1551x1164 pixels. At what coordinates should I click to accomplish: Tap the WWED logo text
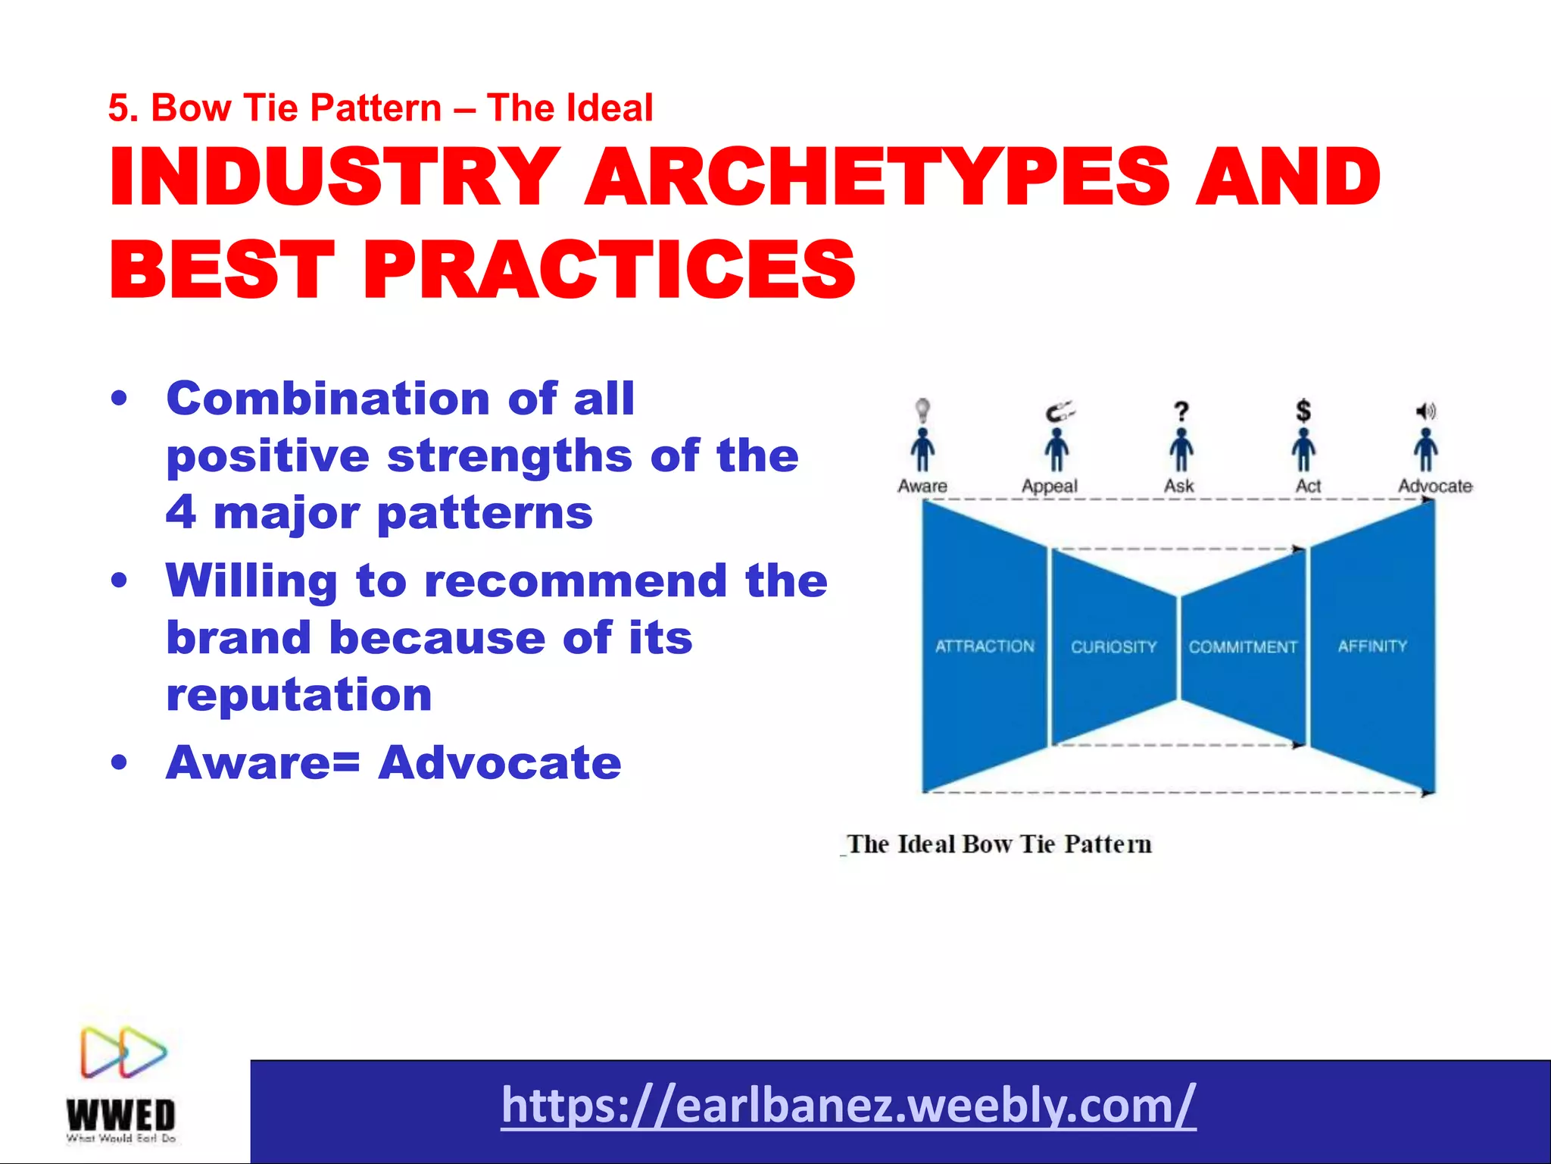pos(121,1115)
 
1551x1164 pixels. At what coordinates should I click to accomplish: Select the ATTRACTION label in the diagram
pos(985,646)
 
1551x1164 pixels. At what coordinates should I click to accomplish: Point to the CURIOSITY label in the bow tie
pos(1113,647)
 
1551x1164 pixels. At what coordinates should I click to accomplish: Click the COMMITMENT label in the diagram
pos(1243,647)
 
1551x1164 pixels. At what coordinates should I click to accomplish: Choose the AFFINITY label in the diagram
pos(1372,646)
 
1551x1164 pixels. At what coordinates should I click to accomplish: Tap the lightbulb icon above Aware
pos(922,410)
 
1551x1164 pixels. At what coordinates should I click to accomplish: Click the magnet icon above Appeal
pos(1059,412)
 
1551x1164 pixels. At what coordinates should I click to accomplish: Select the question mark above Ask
pos(1181,412)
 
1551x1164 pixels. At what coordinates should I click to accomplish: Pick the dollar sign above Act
pos(1303,411)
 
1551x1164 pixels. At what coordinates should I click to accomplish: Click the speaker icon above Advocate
pos(1426,411)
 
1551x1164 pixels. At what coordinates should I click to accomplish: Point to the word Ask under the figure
pos(1179,486)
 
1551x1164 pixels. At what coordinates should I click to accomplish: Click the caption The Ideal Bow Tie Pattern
pos(999,844)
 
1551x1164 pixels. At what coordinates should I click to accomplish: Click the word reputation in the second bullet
pos(299,695)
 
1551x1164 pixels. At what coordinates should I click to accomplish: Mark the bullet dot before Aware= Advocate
pos(119,762)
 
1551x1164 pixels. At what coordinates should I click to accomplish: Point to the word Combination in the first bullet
pos(328,399)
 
